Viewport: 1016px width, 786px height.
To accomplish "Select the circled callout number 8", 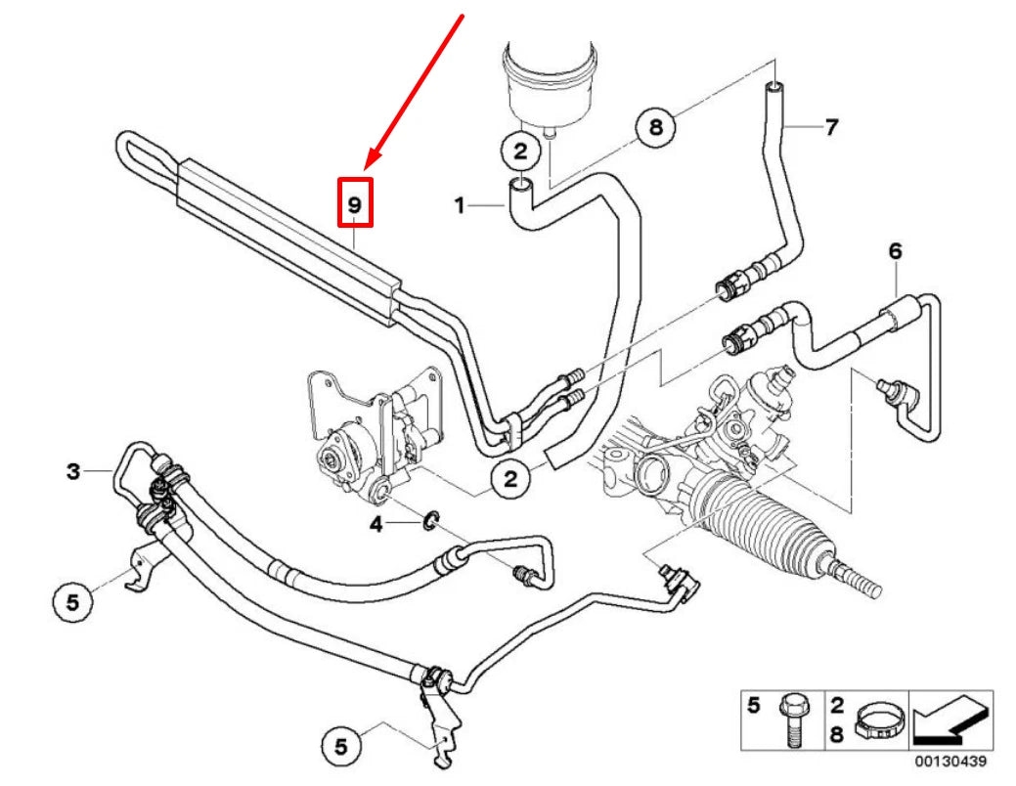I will [656, 128].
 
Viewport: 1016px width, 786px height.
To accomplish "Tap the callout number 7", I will [830, 127].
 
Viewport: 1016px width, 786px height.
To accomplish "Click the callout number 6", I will [894, 251].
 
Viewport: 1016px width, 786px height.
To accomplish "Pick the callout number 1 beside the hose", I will [459, 206].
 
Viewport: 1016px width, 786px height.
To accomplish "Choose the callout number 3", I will [73, 472].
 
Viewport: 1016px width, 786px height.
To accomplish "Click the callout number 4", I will [375, 525].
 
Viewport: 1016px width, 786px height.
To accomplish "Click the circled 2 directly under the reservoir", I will [520, 151].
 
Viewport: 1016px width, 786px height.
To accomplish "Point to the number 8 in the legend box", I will [838, 732].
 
